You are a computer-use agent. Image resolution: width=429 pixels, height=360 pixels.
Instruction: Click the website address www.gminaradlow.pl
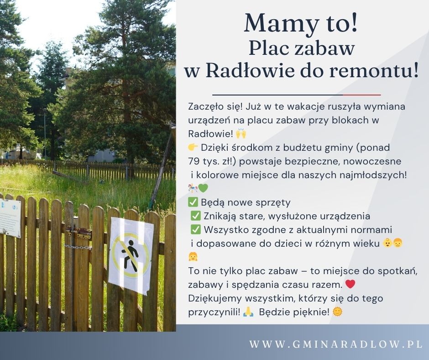tap(336, 344)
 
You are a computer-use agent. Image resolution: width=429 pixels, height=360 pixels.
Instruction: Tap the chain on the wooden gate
tap(78, 247)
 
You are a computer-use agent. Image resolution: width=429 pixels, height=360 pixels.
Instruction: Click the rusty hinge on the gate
tap(79, 233)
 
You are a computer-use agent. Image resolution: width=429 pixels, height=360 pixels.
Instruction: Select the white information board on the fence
tap(10, 218)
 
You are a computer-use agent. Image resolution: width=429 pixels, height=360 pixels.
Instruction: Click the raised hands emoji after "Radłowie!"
tap(241, 134)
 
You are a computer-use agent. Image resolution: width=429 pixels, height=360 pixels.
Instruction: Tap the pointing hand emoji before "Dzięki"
tap(193, 148)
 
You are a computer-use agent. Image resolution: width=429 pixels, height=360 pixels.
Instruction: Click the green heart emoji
tap(203, 188)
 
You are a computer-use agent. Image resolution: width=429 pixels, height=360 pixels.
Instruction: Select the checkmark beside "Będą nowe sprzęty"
tap(193, 202)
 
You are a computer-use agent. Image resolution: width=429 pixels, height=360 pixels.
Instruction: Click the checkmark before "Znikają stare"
tap(196, 216)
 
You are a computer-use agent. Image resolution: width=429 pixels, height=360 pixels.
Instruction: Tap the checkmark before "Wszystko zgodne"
tap(196, 230)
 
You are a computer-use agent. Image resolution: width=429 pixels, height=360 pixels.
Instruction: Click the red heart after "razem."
tap(350, 284)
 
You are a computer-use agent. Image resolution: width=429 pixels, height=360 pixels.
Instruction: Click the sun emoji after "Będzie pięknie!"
tap(337, 312)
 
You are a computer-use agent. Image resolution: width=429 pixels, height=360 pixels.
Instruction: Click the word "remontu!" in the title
tap(374, 70)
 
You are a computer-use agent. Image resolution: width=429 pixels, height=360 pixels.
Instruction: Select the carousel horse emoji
tap(193, 188)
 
